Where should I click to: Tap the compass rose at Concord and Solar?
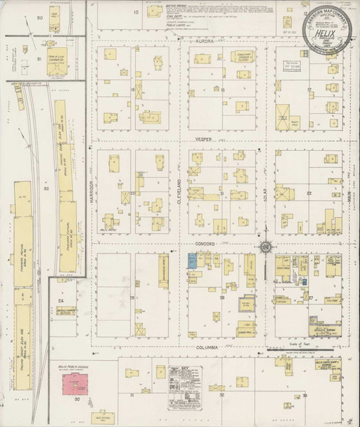pyautogui.click(x=265, y=247)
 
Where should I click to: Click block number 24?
pyautogui.click(x=61, y=302)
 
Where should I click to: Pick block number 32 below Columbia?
pyautogui.click(x=222, y=394)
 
